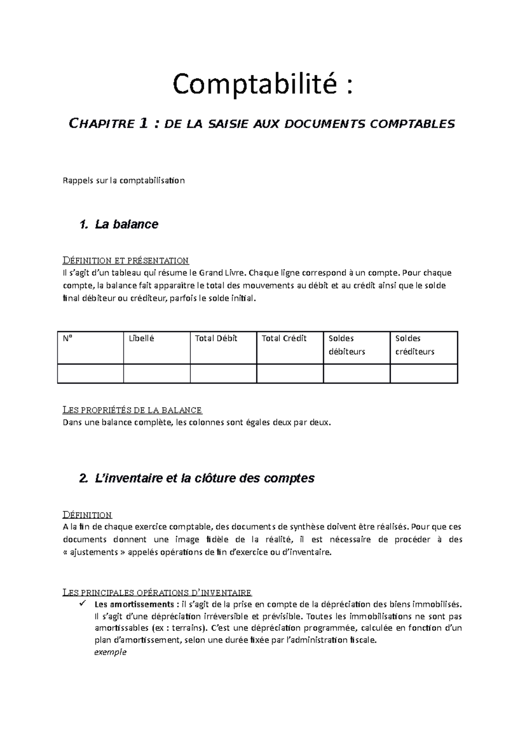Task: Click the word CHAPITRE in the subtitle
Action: click(101, 124)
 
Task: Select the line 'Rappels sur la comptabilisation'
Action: click(124, 181)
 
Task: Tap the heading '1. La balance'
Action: click(119, 224)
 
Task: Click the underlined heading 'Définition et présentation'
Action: click(126, 261)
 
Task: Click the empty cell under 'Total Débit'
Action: click(223, 373)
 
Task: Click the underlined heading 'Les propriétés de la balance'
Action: click(132, 410)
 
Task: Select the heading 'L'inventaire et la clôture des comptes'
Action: click(197, 478)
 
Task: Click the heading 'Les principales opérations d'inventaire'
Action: click(157, 593)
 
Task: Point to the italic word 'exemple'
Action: click(110, 652)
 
